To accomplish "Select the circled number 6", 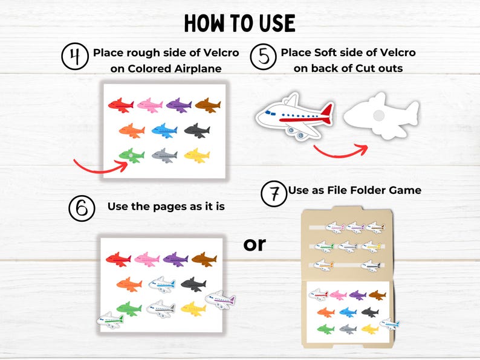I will (x=82, y=208).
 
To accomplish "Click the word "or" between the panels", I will (x=255, y=243).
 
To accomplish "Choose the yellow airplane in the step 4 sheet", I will (x=196, y=155).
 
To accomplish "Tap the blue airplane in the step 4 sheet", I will (x=164, y=130).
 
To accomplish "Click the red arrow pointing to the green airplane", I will (x=97, y=166).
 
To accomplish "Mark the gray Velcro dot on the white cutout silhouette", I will (x=377, y=115).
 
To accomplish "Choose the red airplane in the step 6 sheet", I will (x=118, y=259).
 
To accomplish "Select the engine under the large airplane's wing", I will (x=297, y=135).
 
